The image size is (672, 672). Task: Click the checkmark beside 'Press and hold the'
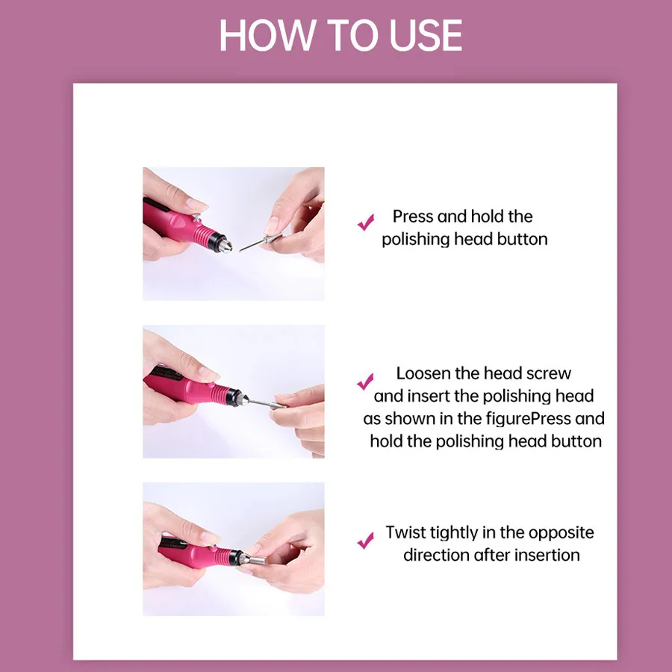[366, 222]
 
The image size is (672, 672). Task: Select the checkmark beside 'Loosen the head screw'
[365, 382]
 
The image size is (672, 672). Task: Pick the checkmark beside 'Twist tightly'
[366, 540]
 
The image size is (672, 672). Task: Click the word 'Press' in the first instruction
[413, 217]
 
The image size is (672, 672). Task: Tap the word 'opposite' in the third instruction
[561, 532]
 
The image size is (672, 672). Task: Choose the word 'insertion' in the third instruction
[547, 555]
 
